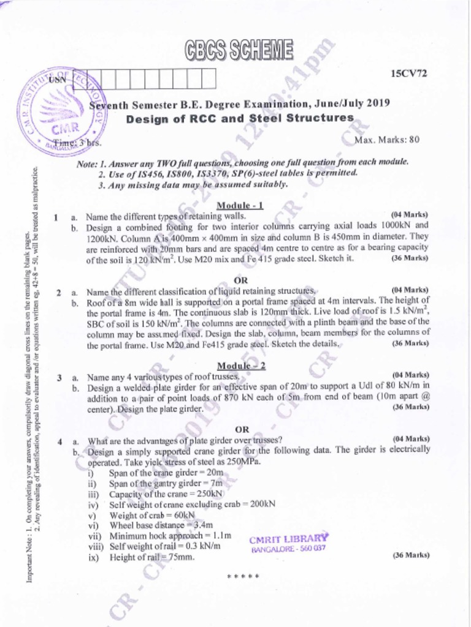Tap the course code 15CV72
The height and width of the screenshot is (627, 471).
tap(408, 73)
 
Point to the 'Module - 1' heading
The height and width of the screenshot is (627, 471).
tap(240, 205)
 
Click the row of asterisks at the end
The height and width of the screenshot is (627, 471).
tap(243, 577)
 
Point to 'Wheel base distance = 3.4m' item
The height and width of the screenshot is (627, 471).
tap(161, 525)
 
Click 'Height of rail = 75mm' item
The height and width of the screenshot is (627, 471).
tap(151, 557)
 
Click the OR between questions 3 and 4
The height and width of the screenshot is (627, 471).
tap(242, 429)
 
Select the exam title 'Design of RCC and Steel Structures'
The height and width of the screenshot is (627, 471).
tap(240, 118)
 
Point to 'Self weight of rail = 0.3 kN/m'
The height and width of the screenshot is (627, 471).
tap(164, 546)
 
